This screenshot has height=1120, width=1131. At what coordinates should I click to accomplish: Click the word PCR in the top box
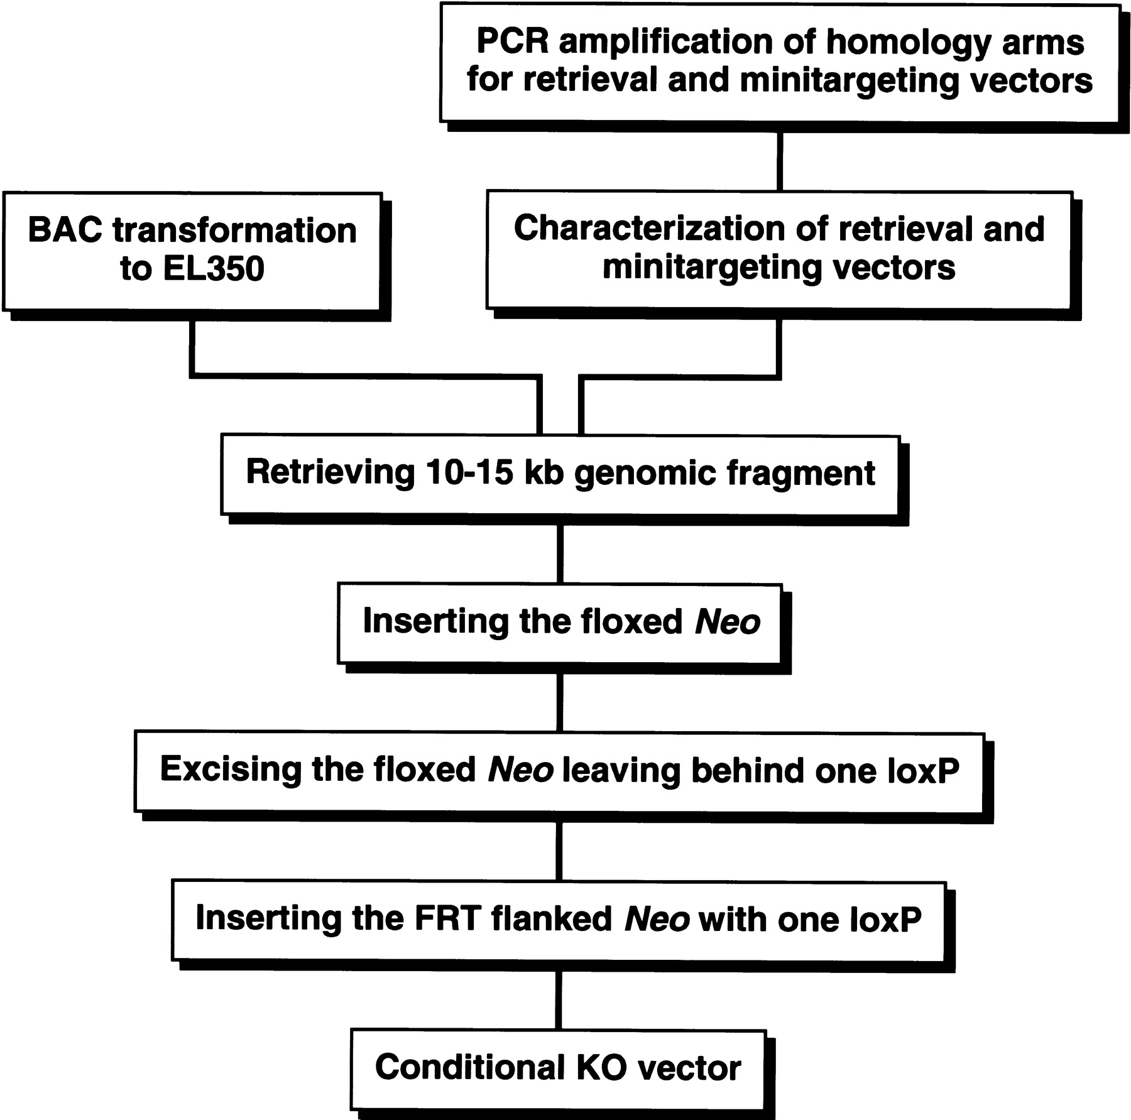coord(513,41)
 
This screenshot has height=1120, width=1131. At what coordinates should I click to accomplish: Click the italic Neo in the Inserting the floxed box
coord(728,622)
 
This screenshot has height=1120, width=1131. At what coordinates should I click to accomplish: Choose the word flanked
coord(552,918)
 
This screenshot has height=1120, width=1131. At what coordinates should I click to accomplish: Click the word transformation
coord(235,231)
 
